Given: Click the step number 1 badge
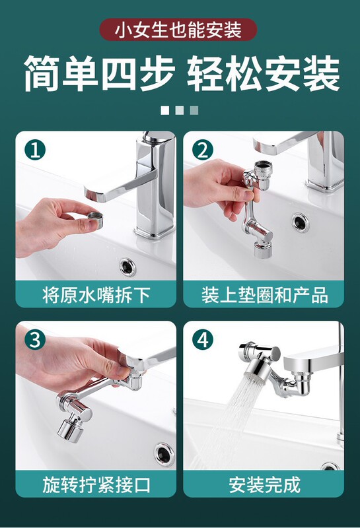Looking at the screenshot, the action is pos(35,150).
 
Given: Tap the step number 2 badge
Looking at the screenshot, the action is pos(203,150).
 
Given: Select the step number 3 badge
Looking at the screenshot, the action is pos(35,340).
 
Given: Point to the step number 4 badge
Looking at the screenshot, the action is pos(203,340).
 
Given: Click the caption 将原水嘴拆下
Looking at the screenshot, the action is pos(96,294).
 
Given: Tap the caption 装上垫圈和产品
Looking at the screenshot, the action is pos(265,294).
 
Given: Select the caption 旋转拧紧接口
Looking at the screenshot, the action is pos(96,484).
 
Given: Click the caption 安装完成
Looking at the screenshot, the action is pos(265,484).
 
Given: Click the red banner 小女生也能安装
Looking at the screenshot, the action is pos(178,30).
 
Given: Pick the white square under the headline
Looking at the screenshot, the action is pos(165,110).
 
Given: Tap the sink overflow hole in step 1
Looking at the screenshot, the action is pos(127,267).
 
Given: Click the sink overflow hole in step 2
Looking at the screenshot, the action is pos(301,222).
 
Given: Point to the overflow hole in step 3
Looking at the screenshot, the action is pos(164,454).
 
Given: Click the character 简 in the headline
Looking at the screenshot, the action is pos(42,73).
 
